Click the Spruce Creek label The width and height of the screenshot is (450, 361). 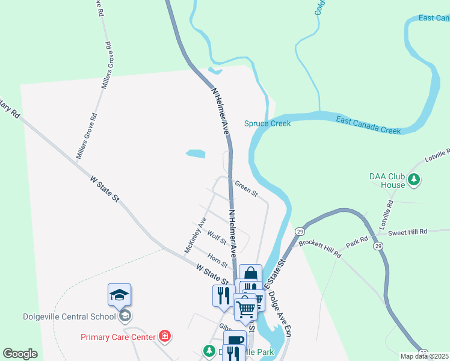point(267,123)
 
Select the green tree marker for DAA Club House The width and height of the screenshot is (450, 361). point(413,179)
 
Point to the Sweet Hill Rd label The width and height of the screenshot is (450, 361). point(407,232)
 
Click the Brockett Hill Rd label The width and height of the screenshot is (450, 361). point(320,248)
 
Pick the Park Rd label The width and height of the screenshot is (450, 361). point(356,243)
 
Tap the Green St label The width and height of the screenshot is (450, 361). point(246,189)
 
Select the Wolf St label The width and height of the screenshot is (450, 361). point(216,237)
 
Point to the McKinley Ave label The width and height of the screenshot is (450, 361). point(196,235)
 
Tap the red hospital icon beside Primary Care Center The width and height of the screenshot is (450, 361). point(165,336)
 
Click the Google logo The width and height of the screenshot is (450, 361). point(20,354)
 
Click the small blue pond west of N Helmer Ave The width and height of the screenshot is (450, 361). point(195,153)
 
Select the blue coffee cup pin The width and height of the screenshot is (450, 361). point(235,342)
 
